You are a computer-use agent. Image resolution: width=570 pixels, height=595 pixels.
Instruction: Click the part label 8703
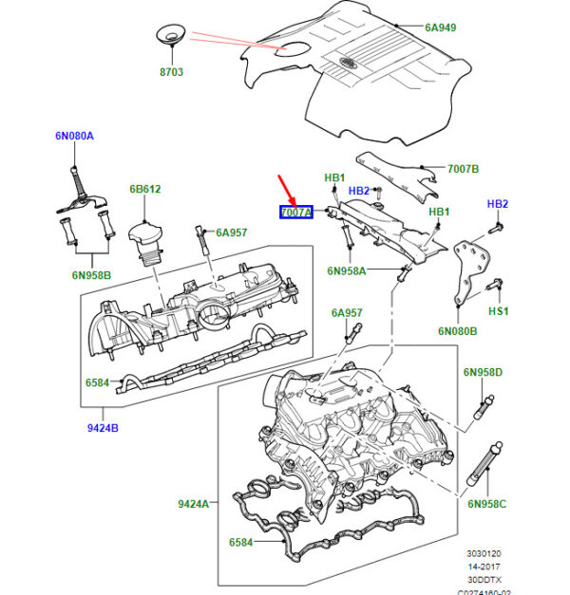pos(172,71)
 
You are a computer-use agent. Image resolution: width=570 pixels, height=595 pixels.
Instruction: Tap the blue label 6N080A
pos(73,136)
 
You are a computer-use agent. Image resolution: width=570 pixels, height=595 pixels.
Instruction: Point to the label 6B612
pos(144,189)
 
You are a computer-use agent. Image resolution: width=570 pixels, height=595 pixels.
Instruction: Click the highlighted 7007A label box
pos(295,213)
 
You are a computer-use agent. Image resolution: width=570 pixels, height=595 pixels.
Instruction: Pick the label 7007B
pos(436,169)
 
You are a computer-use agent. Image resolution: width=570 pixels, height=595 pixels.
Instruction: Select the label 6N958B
pos(91,275)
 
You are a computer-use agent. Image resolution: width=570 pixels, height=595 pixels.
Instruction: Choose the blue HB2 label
pos(498,204)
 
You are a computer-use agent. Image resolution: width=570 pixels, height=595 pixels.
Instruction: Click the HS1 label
pos(499,310)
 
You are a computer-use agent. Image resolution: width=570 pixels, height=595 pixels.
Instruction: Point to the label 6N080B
pos(458,331)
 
